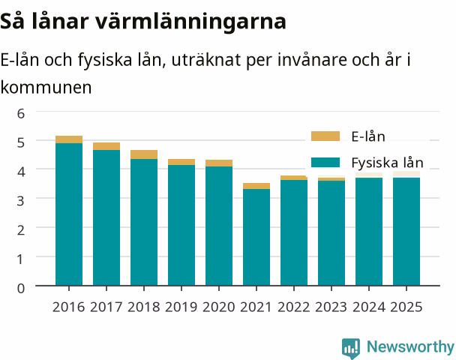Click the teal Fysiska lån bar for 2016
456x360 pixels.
tap(69, 214)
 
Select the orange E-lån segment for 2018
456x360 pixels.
tap(144, 154)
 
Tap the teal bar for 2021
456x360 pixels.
tap(256, 237)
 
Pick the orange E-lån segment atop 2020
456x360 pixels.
tap(219, 163)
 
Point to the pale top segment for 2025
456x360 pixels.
tap(406, 174)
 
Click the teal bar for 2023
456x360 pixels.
tap(331, 233)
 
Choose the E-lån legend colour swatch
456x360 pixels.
tap(325, 136)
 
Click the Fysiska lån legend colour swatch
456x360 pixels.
tap(325, 162)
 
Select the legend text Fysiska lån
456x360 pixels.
tap(387, 163)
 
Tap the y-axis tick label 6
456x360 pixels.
tap(21, 113)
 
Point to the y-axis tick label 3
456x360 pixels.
tap(21, 201)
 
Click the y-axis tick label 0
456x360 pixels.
tap(21, 288)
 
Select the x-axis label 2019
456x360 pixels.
tap(181, 307)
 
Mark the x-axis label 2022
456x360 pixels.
tap(294, 307)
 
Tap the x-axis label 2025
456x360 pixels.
tap(406, 307)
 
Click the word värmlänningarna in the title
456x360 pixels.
tap(190, 22)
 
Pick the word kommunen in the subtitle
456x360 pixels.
tap(46, 87)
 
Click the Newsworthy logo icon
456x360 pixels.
tap(351, 348)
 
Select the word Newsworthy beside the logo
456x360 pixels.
tap(410, 346)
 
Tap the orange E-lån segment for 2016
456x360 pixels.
tap(69, 139)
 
